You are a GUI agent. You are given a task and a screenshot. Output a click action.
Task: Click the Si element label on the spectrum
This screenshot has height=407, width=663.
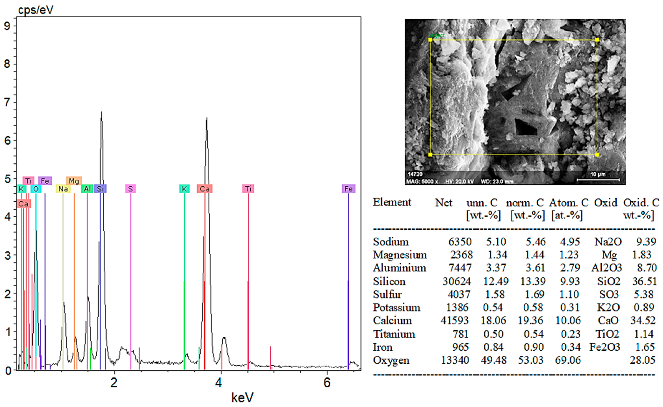coord(100,189)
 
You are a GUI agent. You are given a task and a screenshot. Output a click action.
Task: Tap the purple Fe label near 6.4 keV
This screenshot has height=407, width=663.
coord(348,189)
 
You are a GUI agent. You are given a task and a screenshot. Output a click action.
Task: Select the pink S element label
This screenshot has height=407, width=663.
coord(130,189)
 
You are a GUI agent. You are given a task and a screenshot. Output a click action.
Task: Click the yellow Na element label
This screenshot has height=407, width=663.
coord(63,189)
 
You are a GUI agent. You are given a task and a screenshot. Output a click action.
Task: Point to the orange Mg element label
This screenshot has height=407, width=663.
coord(74,181)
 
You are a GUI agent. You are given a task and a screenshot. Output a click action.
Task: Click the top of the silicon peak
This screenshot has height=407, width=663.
coord(101,113)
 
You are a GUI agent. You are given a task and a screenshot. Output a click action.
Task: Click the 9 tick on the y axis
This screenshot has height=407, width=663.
coord(7,26)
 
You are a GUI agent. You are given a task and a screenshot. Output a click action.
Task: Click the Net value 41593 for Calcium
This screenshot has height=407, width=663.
coord(454,320)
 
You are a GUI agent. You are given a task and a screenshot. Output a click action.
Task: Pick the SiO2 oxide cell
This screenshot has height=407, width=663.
coord(609,281)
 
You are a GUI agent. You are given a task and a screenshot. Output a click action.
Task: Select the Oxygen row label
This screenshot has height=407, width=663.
coord(391,360)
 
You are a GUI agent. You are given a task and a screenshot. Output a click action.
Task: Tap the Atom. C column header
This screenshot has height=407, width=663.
coord(569,202)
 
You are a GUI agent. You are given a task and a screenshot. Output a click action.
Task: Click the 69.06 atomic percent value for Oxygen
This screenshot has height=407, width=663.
coord(568,360)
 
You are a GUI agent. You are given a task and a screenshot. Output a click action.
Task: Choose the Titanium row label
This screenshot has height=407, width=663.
coord(394,334)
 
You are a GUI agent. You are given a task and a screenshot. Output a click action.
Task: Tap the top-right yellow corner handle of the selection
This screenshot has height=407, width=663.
coord(597,40)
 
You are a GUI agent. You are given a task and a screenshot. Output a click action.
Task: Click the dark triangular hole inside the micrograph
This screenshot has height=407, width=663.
coord(525,128)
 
